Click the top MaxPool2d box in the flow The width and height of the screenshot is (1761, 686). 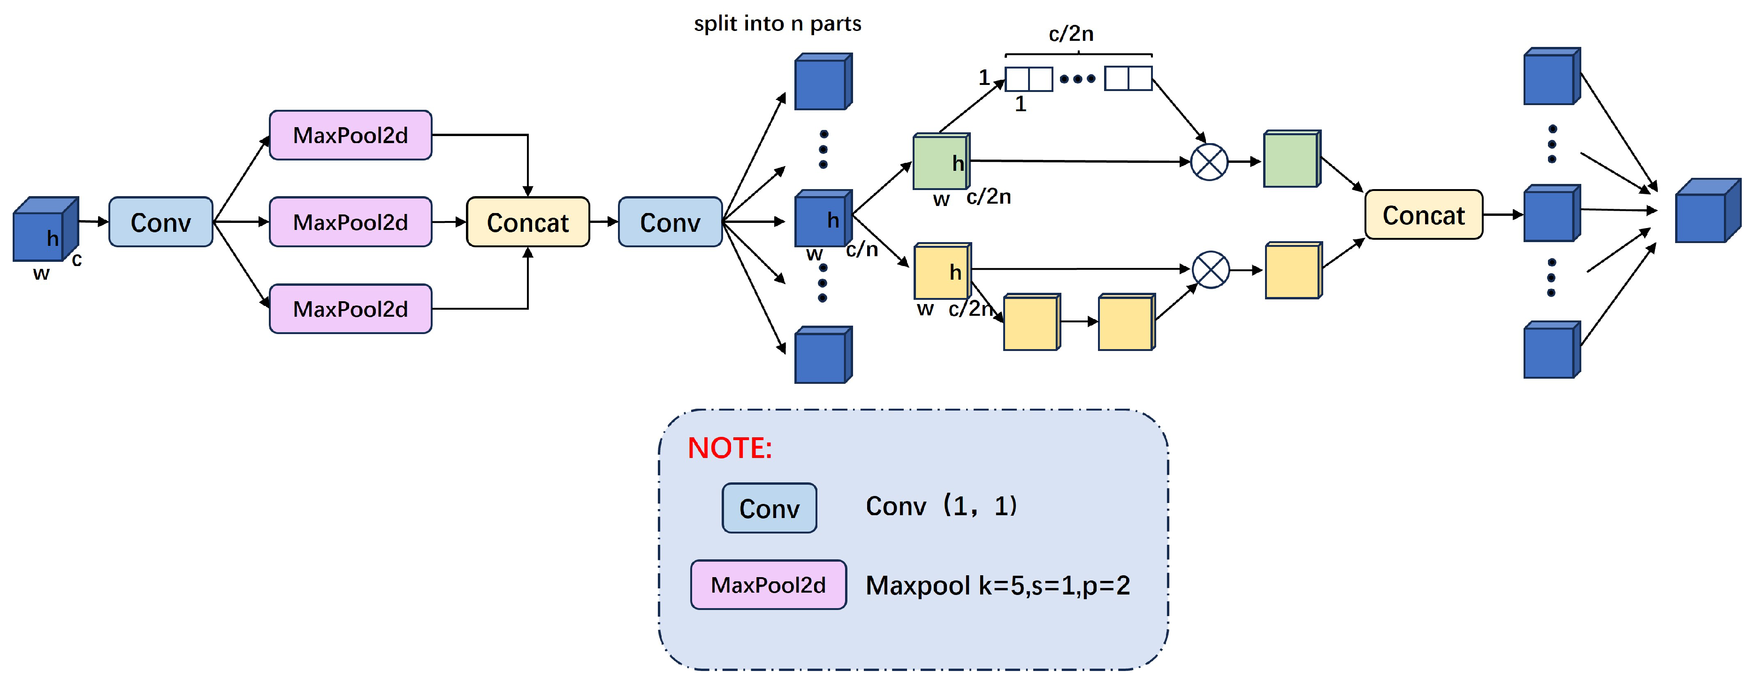(x=350, y=136)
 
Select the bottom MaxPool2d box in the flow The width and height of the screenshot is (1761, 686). (x=350, y=309)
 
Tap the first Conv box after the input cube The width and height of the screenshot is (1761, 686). (x=160, y=222)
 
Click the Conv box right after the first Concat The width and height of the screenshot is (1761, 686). (x=670, y=222)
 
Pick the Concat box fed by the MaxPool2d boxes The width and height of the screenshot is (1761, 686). (x=528, y=222)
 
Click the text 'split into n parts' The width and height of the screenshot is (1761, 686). (x=778, y=24)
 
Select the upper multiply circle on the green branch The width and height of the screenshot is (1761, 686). (x=1209, y=162)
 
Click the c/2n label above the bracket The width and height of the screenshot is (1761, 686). (x=1071, y=33)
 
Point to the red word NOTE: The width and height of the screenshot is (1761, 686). (x=730, y=449)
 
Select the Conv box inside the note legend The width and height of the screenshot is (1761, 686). (x=769, y=508)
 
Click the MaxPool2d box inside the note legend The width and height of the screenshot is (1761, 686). (x=769, y=585)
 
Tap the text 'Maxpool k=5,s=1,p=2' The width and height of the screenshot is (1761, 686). (x=998, y=586)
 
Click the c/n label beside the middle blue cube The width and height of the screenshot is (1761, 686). (x=861, y=250)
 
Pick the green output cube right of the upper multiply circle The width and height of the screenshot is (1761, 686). (x=1291, y=160)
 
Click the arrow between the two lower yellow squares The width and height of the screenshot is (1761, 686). (x=1079, y=321)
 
